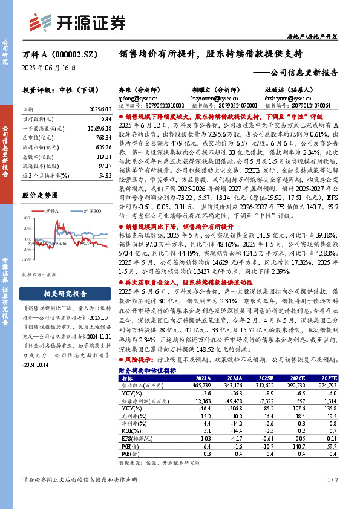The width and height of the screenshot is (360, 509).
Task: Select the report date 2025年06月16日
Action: [50, 68]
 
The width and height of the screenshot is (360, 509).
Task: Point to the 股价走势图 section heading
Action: [41, 196]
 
